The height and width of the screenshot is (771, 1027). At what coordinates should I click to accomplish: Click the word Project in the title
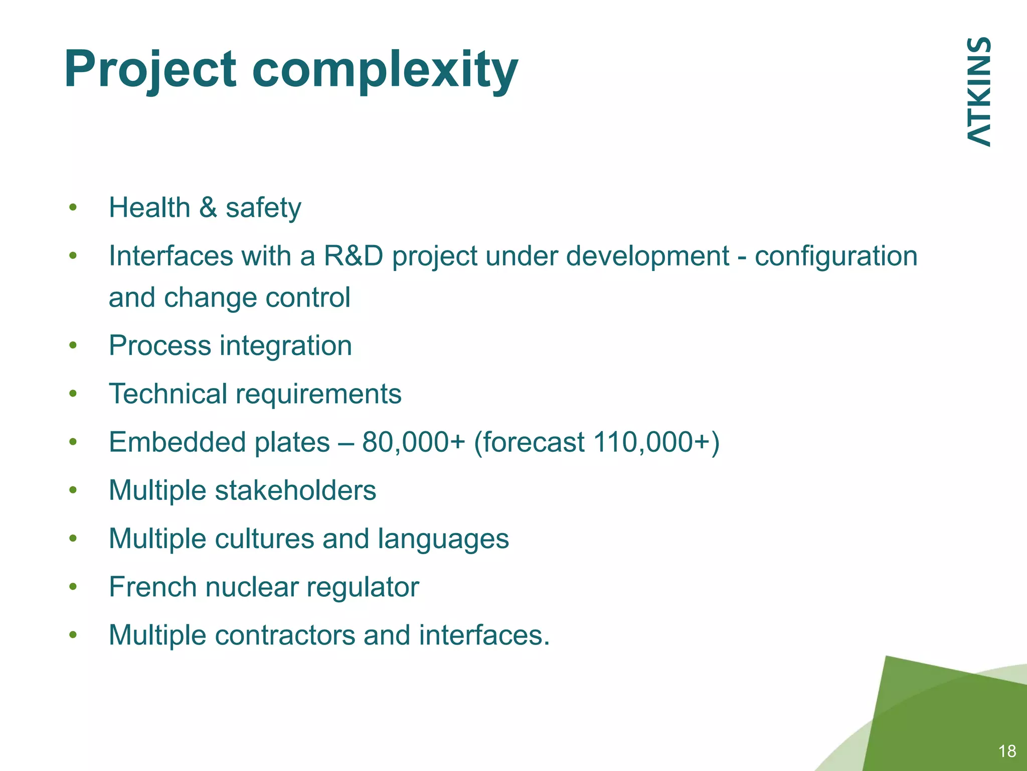pyautogui.click(x=149, y=70)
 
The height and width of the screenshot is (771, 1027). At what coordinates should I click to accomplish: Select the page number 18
pyautogui.click(x=1007, y=751)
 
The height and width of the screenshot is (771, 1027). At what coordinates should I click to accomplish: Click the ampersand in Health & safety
pyautogui.click(x=208, y=208)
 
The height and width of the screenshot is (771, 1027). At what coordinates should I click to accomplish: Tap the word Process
pyautogui.click(x=160, y=346)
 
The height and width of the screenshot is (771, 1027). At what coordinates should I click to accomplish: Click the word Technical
pyautogui.click(x=168, y=394)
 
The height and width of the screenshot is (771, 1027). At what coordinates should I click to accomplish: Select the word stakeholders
pyautogui.click(x=295, y=490)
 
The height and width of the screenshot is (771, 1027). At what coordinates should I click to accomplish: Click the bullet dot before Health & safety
pyautogui.click(x=73, y=207)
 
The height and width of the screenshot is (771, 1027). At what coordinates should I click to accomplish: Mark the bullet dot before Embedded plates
pyautogui.click(x=73, y=442)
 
